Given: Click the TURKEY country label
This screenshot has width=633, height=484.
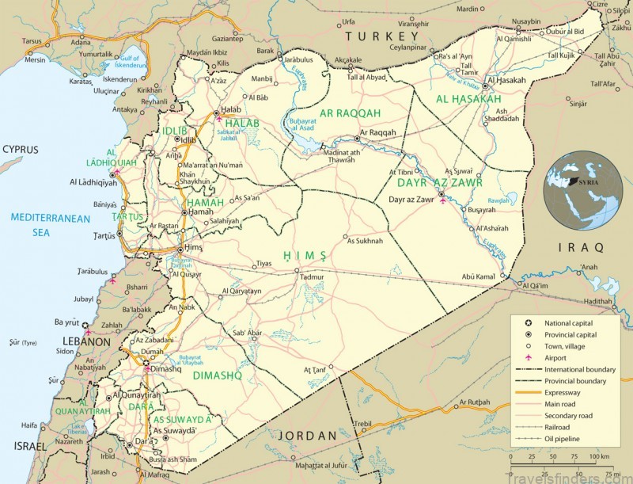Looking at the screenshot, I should point(381,36).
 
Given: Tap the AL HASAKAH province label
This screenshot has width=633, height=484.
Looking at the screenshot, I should point(468,99).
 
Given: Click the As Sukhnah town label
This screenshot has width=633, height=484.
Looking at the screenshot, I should point(364,241).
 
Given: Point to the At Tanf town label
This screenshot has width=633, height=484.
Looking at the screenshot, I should point(315,370).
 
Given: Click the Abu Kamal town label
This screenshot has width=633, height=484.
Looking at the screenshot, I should point(479,276).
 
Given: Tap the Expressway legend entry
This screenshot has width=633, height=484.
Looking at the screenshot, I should point(563,392).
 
